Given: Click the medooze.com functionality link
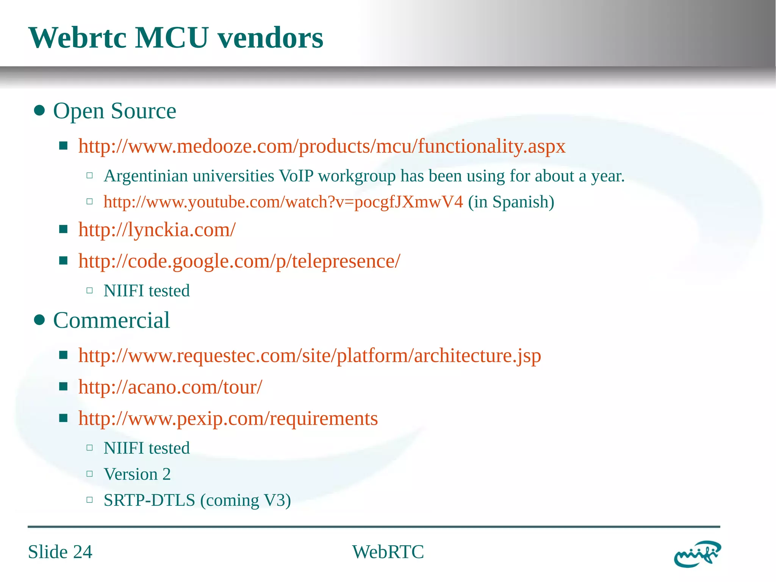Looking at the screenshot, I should tap(322, 146).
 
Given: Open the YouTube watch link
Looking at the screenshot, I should tap(283, 202).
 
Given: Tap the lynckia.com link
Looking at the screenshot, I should tap(157, 230).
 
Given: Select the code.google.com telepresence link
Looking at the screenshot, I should tap(239, 261).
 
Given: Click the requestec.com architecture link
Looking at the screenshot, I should tap(310, 356).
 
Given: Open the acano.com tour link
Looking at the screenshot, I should tap(170, 387).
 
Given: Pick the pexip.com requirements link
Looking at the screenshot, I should tap(228, 419).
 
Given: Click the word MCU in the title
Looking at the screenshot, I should tap(172, 38).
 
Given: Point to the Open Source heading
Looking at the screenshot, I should tap(114, 111).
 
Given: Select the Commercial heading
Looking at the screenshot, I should tap(111, 320).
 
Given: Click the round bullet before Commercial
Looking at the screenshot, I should tap(39, 320).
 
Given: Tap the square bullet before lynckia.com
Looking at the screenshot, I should tap(63, 229).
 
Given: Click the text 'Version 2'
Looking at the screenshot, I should tap(137, 474).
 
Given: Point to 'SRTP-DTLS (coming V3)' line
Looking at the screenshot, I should tap(197, 500).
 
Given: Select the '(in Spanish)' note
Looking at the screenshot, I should tap(511, 202).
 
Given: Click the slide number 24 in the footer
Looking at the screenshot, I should tap(83, 552).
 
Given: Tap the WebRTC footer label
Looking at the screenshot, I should tap(388, 552).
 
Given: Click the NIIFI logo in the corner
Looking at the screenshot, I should tap(697, 554).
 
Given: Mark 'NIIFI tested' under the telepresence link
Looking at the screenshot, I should tap(147, 291).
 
